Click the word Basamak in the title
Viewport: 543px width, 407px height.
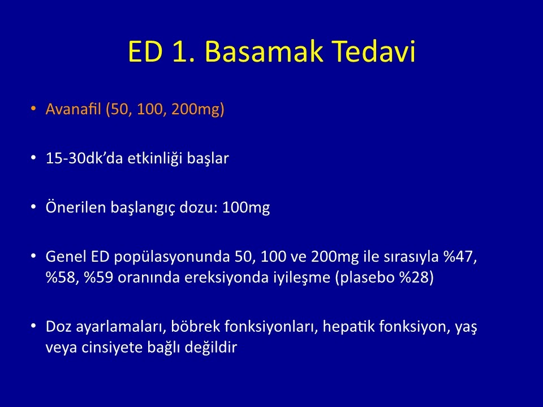(264, 51)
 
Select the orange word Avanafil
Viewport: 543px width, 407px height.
(73, 109)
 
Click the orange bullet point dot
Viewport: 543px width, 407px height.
(33, 109)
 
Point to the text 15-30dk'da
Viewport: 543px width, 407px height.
(84, 158)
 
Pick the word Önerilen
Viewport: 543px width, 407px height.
(75, 207)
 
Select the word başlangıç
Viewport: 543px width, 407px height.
(143, 207)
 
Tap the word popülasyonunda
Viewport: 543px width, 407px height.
(172, 257)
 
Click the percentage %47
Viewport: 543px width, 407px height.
(460, 257)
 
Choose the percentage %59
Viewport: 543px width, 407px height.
(98, 278)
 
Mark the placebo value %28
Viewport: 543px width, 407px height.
(417, 278)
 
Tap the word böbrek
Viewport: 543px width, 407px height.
(196, 326)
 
